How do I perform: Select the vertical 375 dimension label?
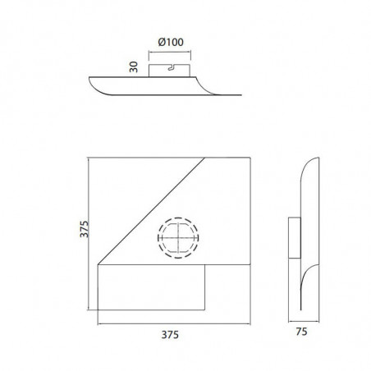click(82, 228)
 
